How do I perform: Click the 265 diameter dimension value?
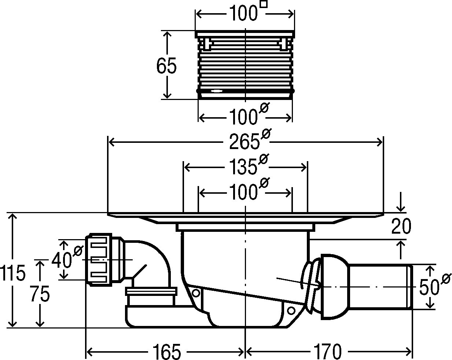pos(244,142)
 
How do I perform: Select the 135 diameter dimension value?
pos(243,167)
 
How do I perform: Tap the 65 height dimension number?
pos(166,66)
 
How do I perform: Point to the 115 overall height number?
pos(13,273)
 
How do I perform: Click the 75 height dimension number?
pos(40,294)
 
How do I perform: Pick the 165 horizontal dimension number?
pos(166,352)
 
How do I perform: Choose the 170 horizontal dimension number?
pos(327,352)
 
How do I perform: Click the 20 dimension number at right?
pos(401,226)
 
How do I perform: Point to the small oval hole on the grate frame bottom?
pos(216,91)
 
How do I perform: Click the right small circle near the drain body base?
pos(291,311)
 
